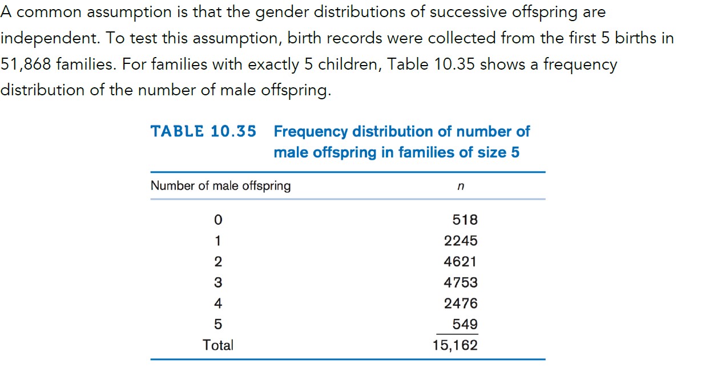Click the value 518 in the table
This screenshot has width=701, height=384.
pyautogui.click(x=464, y=220)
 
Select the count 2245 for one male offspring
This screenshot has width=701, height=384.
pyautogui.click(x=461, y=241)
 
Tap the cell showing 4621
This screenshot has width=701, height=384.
pyautogui.click(x=461, y=262)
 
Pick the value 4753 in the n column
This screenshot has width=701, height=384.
pyautogui.click(x=461, y=282)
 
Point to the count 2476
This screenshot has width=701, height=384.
pyautogui.click(x=461, y=304)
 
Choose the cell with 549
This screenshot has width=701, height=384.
pyautogui.click(x=465, y=324)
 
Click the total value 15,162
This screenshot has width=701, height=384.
pyautogui.click(x=455, y=345)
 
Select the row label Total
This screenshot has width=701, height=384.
pyautogui.click(x=218, y=345)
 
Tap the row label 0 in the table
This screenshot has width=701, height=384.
pyautogui.click(x=217, y=220)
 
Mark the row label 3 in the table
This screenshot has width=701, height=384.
pyautogui.click(x=217, y=282)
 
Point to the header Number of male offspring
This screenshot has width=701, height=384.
pyautogui.click(x=220, y=185)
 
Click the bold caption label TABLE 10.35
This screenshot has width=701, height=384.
pyautogui.click(x=203, y=131)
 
